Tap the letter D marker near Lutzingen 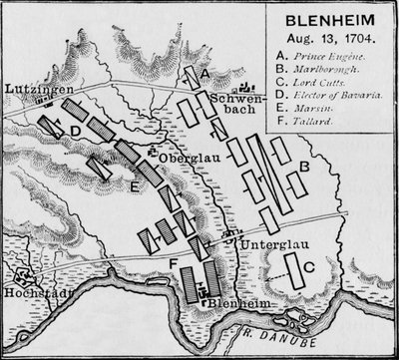click(x=76, y=130)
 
